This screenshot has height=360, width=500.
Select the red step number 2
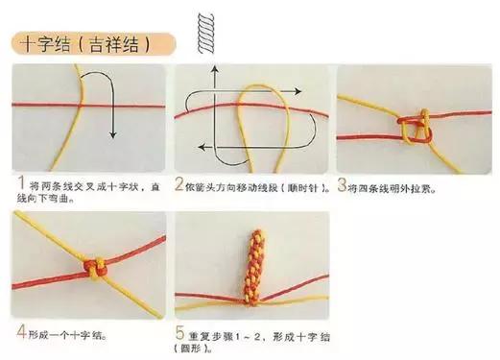[179, 182]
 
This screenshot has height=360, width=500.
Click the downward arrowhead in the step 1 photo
[112, 136]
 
